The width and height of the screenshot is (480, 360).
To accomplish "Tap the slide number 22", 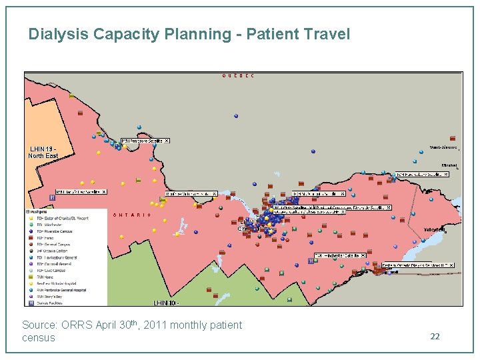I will click(435, 337).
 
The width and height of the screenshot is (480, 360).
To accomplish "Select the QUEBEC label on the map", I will click(238, 76).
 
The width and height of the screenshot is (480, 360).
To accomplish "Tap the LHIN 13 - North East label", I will click(43, 152).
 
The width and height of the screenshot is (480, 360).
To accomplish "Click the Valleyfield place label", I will click(433, 229).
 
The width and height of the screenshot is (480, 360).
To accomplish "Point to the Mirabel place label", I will click(449, 165).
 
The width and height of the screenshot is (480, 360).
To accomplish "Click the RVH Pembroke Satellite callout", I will click(141, 141).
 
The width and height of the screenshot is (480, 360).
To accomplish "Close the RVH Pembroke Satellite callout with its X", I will click(167, 141).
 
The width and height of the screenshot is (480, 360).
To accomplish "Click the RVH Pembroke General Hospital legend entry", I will click(63, 290).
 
